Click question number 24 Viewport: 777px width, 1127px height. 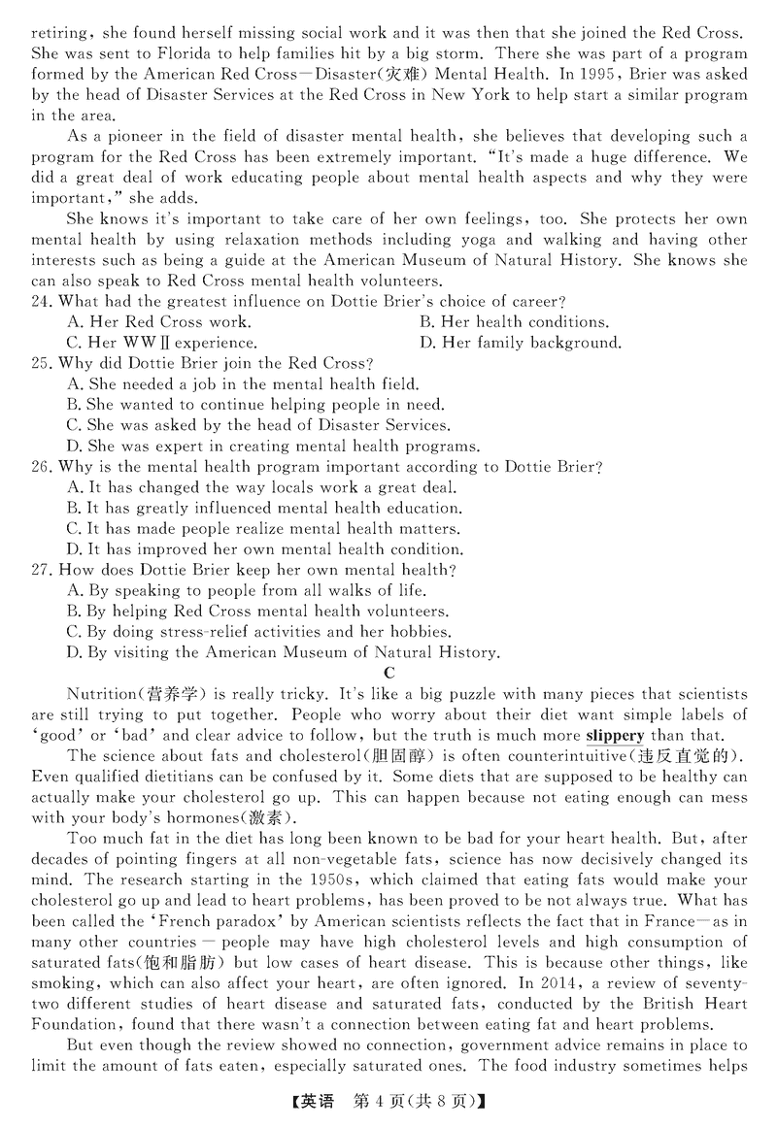pos(42,301)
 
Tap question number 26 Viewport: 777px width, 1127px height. pos(42,467)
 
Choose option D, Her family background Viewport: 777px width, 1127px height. pos(520,342)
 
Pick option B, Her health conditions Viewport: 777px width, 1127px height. pos(514,321)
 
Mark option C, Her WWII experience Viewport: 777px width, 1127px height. pos(161,342)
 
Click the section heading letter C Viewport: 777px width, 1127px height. pos(388,672)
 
